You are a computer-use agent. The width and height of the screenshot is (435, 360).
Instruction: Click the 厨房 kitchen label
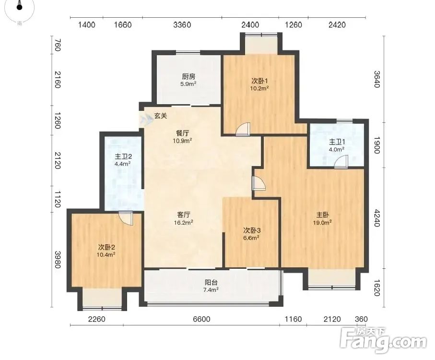pyautogui.click(x=188, y=76)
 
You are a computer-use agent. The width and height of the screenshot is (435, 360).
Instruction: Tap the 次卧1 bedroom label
pyautogui.click(x=259, y=81)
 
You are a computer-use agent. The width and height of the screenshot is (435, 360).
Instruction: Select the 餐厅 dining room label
pyautogui.click(x=182, y=133)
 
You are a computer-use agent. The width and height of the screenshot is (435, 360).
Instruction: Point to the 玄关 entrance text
pyautogui.click(x=161, y=116)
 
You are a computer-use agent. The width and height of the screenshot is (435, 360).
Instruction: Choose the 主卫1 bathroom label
pyautogui.click(x=336, y=142)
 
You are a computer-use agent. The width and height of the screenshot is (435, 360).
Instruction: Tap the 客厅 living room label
pyautogui.click(x=183, y=215)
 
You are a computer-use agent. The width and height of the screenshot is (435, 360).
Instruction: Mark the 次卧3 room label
pyautogui.click(x=251, y=230)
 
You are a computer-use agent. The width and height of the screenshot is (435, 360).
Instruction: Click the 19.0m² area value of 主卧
pyautogui.click(x=324, y=222)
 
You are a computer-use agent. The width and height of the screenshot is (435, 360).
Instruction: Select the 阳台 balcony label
pyautogui.click(x=211, y=283)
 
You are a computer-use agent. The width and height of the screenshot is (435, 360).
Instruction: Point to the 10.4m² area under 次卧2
pyautogui.click(x=106, y=254)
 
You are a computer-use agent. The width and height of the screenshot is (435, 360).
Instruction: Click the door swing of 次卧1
pyautogui.click(x=243, y=130)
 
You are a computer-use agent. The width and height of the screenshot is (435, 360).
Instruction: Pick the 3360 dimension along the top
pyautogui.click(x=182, y=25)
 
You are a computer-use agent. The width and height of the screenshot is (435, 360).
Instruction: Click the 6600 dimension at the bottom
pyautogui.click(x=201, y=319)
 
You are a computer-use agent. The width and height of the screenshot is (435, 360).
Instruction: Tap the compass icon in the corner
pyautogui.click(x=19, y=8)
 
